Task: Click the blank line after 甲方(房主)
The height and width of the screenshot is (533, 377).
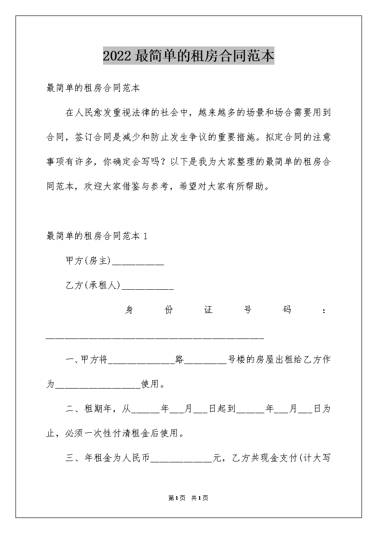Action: coord(138,263)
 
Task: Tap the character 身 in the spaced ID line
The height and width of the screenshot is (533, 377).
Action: coord(129,310)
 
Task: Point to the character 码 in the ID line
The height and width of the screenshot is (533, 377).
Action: coord(287,310)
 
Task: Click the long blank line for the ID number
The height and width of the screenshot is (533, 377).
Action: coord(155,338)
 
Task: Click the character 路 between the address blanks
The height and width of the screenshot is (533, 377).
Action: coord(180,359)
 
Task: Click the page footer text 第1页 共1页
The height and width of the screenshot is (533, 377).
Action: coord(188,498)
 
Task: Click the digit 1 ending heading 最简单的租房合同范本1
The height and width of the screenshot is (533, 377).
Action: coord(145,236)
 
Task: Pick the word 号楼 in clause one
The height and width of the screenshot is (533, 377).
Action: coord(237,359)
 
